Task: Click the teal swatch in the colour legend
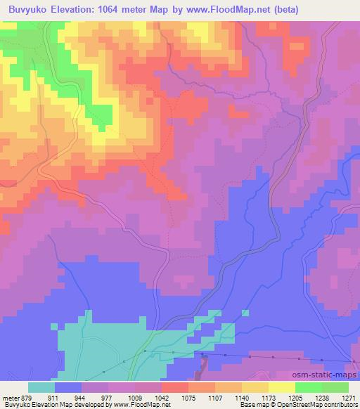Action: (41, 387)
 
